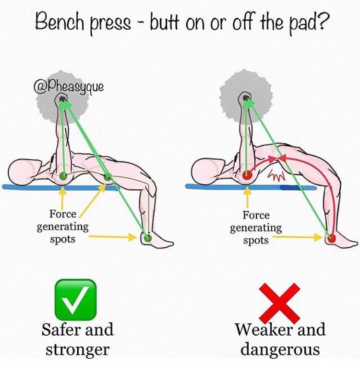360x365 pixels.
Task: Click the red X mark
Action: pos(280,303)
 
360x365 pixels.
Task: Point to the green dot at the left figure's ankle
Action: pos(147,238)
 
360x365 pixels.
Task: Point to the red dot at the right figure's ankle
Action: pos(331,237)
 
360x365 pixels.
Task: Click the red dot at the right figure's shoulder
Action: pos(247,176)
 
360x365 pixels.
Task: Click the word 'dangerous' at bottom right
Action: pos(280,349)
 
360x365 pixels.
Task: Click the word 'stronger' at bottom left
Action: pos(77,349)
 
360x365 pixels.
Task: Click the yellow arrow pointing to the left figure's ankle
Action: pos(115,236)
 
